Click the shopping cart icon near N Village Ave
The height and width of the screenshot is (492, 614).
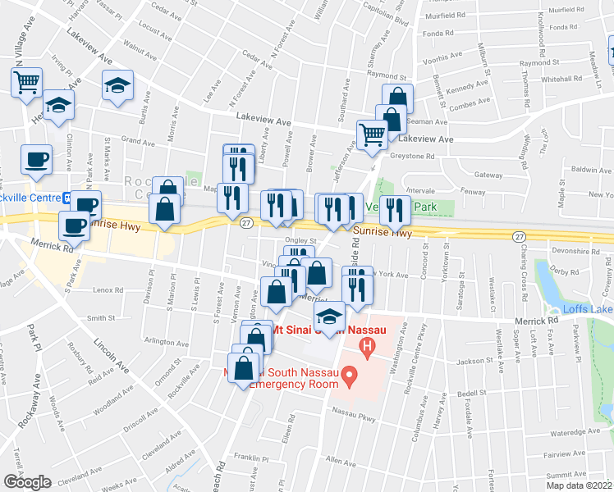26,82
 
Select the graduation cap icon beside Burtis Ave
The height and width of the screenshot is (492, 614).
117,84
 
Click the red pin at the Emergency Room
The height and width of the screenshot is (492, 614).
350,378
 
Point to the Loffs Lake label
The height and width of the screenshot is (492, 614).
587,309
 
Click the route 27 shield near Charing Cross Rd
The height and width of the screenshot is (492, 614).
518,235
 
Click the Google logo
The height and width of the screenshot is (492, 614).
27,481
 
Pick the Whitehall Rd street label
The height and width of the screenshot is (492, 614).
561,79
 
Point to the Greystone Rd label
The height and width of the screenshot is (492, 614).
412,156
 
